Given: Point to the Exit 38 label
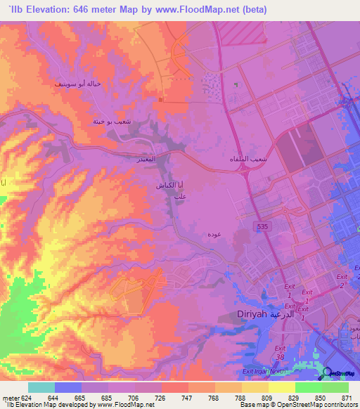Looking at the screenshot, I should click(281, 352).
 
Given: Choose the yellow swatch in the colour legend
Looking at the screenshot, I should click(281, 387).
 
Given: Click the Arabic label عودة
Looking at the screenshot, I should click(216, 233).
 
